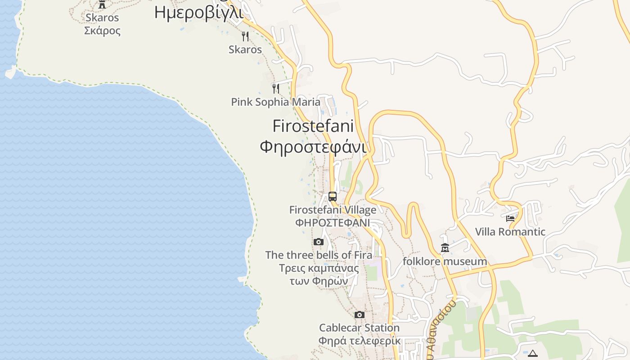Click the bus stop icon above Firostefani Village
[333, 197]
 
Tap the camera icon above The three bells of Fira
[319, 242]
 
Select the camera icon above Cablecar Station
[359, 315]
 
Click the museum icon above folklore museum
[445, 248]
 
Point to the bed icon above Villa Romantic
[510, 219]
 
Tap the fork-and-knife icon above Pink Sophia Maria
[276, 88]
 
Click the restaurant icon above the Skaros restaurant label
[245, 36]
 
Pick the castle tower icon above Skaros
[102, 4]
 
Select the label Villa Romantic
[510, 232]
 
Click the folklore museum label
[445, 261]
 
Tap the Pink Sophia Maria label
[275, 102]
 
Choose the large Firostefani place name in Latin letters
[313, 126]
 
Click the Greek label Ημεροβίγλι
[198, 13]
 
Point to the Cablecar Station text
[359, 328]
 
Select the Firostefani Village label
[333, 210]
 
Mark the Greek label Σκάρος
[102, 31]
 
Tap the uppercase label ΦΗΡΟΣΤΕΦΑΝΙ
[333, 223]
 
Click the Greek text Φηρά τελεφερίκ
[359, 341]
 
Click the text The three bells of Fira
[319, 255]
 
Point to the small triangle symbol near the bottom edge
[533, 354]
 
